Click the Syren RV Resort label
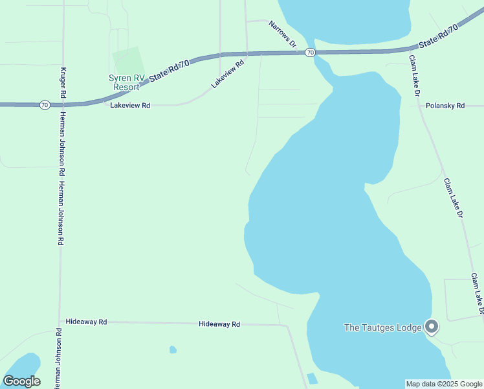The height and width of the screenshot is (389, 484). coord(126,82)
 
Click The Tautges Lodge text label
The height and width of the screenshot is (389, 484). coord(382,327)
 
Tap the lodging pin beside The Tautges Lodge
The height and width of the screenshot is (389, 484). coord(432,326)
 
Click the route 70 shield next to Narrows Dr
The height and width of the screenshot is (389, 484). coord(311,52)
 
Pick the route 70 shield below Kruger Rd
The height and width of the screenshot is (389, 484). coord(44,104)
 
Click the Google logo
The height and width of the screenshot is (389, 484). coord(21,381)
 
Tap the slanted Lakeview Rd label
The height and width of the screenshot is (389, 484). coord(227,74)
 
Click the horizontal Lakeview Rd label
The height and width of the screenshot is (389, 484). coord(130,105)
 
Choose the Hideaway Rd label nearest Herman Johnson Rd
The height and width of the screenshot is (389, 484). coord(86,322)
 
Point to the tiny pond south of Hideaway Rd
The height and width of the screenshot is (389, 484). coord(173,350)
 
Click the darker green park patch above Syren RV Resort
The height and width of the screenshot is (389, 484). coord(129,61)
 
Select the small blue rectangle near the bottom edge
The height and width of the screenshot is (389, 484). coord(313,379)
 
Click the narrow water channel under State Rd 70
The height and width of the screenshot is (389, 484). coord(322,66)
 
